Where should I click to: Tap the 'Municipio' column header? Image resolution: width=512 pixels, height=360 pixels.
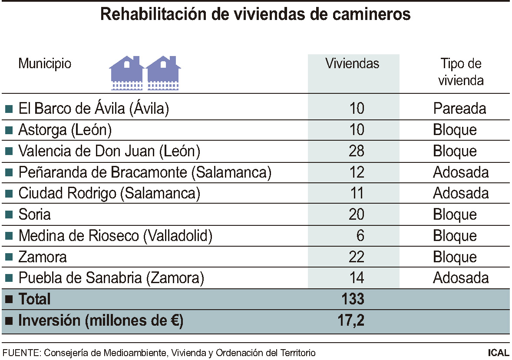[x=45, y=64]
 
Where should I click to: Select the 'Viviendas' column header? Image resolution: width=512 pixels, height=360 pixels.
[x=352, y=64]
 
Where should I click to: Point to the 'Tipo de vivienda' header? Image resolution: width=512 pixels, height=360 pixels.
[x=461, y=72]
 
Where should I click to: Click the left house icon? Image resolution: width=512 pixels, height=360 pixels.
[x=126, y=73]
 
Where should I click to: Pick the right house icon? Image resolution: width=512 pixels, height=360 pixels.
[x=163, y=73]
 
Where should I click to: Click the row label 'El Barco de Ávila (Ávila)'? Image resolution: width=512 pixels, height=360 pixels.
[x=93, y=109]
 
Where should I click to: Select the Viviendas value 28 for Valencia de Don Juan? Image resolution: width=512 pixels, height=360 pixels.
[x=357, y=151]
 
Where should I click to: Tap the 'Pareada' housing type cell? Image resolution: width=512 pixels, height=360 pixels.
[x=459, y=109]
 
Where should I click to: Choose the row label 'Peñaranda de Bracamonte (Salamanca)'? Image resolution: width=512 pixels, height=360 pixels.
[x=145, y=172]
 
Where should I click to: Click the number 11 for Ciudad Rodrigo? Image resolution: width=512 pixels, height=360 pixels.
[x=357, y=193]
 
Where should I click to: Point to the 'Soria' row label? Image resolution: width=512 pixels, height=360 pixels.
[x=34, y=215]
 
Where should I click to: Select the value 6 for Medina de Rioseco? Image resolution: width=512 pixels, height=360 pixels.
[x=360, y=236]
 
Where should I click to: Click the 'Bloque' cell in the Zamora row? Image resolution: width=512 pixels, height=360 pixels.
[x=455, y=257]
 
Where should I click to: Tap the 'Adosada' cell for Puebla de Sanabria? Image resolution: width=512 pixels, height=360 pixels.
[x=461, y=278]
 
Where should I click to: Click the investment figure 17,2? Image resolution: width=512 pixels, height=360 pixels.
[x=350, y=321]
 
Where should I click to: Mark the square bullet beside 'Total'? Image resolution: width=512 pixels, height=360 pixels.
[x=8, y=300]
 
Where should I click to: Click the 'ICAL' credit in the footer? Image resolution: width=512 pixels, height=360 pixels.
[x=499, y=353]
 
